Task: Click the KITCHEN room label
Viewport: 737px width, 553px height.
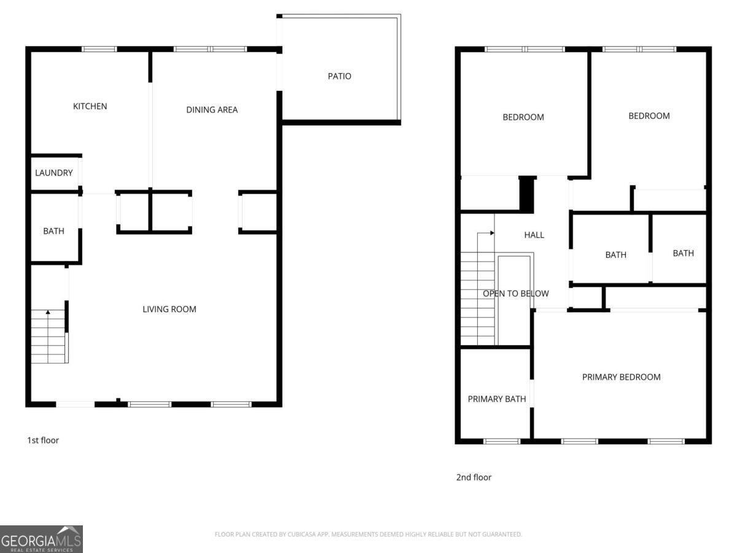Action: coord(90,106)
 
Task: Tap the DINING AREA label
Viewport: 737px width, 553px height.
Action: coord(212,110)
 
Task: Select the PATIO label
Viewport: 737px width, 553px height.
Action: coord(339,76)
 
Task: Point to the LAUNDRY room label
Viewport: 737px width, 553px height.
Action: coord(54,173)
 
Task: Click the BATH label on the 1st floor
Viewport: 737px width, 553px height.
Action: coord(53,231)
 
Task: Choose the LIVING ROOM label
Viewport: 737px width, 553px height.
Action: coord(170,309)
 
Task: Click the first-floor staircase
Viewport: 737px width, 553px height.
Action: coord(49,338)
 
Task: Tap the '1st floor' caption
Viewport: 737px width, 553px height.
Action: coord(43,440)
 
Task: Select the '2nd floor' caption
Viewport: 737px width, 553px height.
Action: coord(474,477)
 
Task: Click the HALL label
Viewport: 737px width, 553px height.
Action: coord(534,235)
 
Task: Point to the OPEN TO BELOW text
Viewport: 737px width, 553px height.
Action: coord(515,294)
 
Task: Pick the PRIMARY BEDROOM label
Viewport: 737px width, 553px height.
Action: coord(621,377)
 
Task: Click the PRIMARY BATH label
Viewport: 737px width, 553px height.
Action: coord(497,399)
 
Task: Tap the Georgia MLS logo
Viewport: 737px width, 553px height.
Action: coord(41,539)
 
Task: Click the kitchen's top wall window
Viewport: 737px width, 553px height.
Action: coord(99,49)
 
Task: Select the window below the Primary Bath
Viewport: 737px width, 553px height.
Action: coord(501,441)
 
